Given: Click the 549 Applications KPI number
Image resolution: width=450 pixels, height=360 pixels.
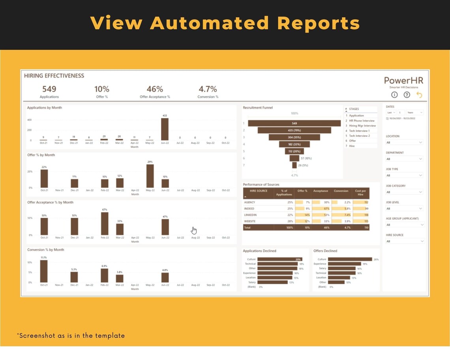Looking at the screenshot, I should pyautogui.click(x=49, y=89).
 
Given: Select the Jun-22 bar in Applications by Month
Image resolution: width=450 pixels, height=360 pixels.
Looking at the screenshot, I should pyautogui.click(x=165, y=129).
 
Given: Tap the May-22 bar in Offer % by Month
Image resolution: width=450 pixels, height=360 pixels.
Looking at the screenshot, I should pyautogui.click(x=150, y=176).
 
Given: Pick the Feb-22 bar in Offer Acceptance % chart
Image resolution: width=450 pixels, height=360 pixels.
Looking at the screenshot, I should pyautogui.click(x=105, y=224).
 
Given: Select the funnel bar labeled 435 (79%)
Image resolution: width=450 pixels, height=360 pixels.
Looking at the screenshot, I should pyautogui.click(x=294, y=130).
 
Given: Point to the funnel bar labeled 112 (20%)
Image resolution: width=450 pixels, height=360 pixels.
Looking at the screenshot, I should pyautogui.click(x=294, y=151).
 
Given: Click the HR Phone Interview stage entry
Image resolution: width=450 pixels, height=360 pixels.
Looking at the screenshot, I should pyautogui.click(x=362, y=121).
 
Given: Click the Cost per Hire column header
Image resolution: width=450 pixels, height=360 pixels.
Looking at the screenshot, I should pyautogui.click(x=360, y=193).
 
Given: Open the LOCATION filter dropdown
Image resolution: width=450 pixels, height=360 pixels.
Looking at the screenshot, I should pyautogui.click(x=404, y=142).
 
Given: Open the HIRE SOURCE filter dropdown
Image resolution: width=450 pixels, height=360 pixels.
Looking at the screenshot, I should pyautogui.click(x=404, y=241).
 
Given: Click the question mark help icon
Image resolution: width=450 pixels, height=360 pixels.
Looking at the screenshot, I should pyautogui.click(x=407, y=95).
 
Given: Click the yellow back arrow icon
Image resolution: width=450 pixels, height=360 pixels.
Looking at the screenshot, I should pyautogui.click(x=419, y=95).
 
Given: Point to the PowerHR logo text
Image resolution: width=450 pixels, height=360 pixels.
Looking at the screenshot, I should pyautogui.click(x=403, y=81).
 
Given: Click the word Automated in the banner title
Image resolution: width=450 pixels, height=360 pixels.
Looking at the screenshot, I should pyautogui.click(x=209, y=23).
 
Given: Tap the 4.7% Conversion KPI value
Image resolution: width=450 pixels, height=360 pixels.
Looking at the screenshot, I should pyautogui.click(x=208, y=89).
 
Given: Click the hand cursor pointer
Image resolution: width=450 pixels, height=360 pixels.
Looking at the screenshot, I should pyautogui.click(x=194, y=230).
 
